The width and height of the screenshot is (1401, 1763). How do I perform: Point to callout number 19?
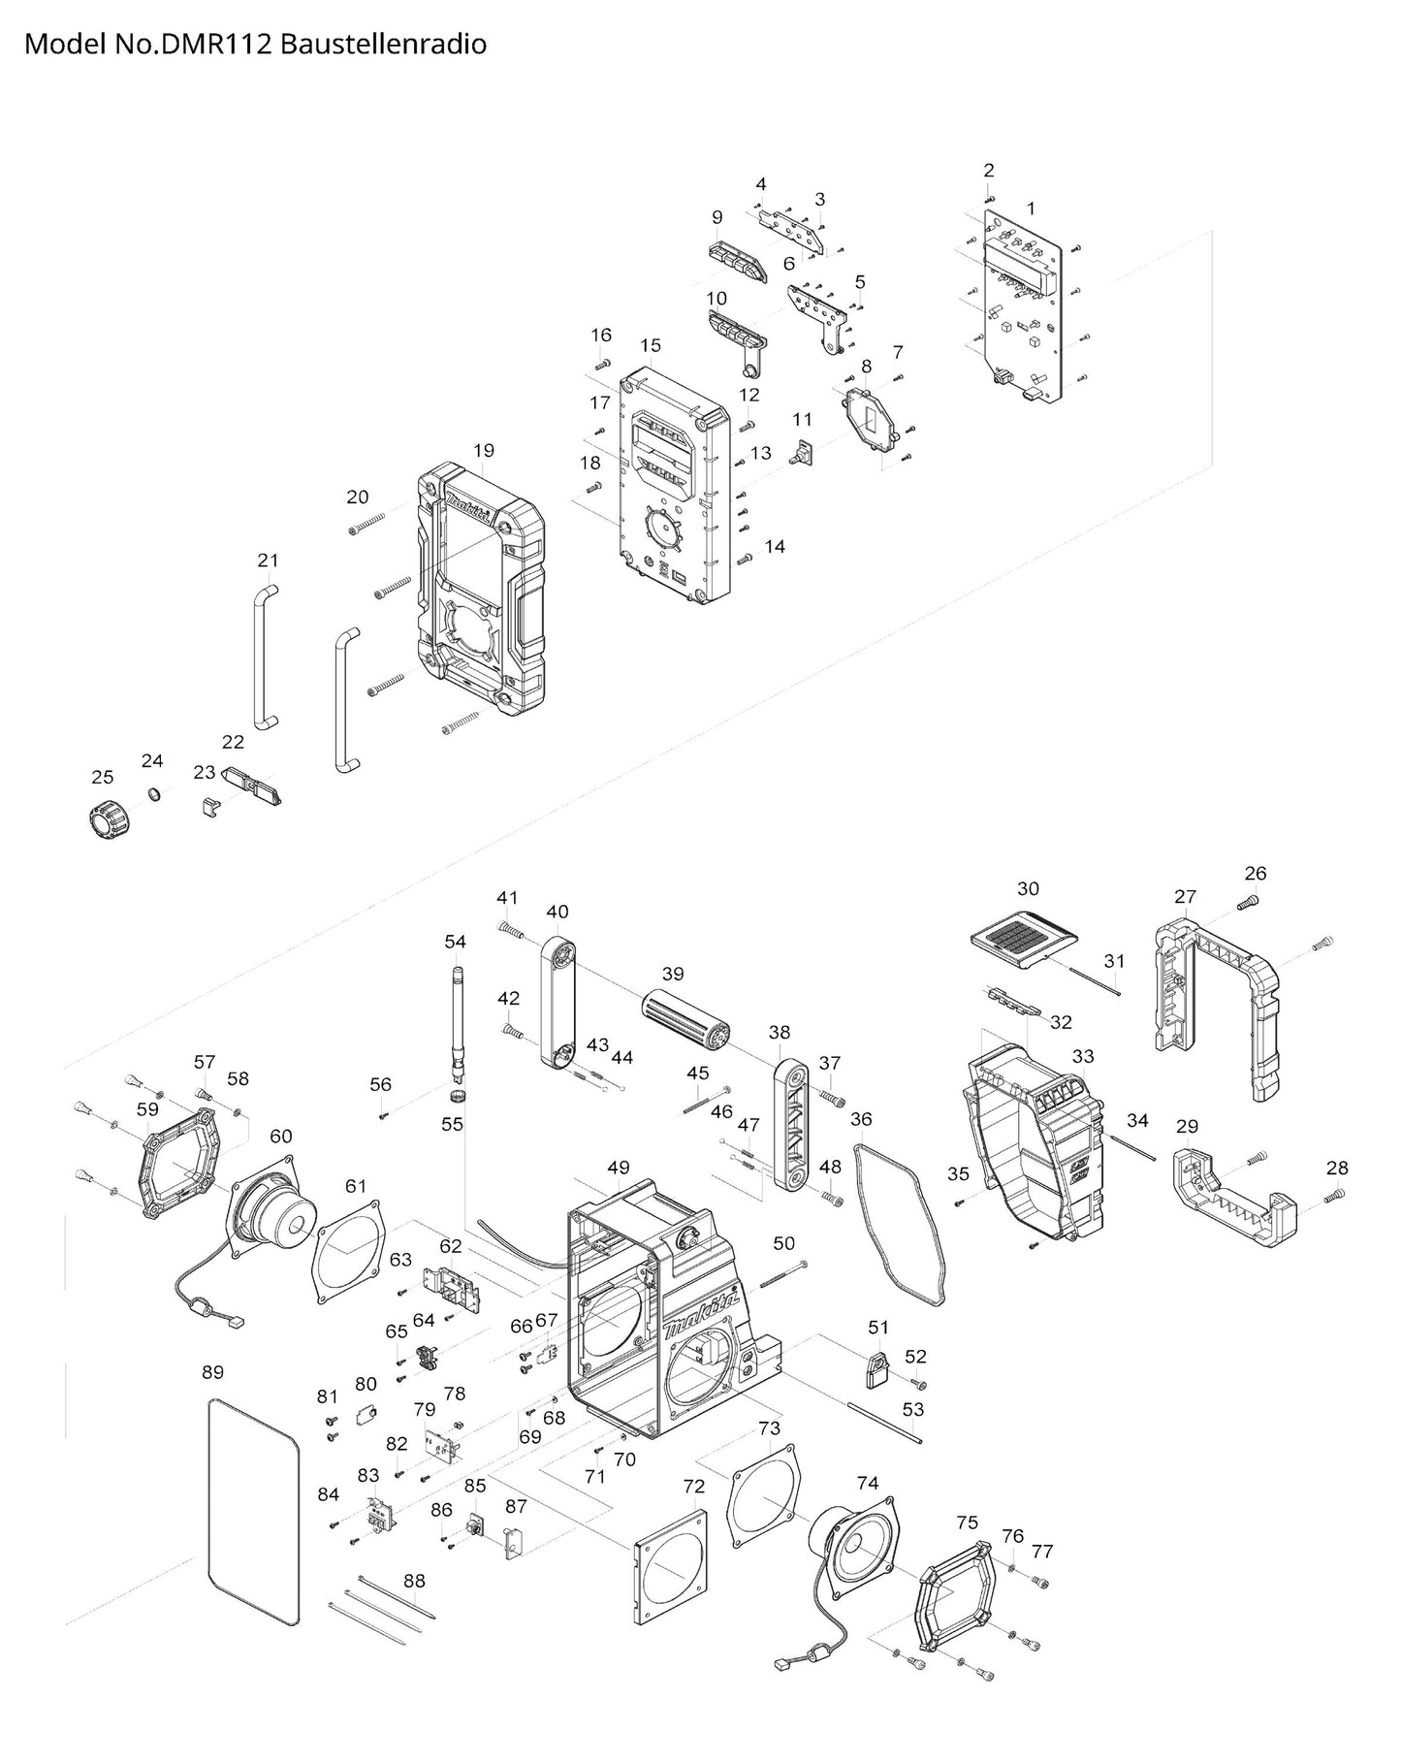pyautogui.click(x=484, y=450)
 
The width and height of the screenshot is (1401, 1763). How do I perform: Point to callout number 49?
pyautogui.click(x=619, y=1168)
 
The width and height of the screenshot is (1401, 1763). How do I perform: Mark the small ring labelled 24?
pyautogui.click(x=153, y=795)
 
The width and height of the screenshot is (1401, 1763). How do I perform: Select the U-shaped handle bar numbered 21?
pyautogui.click(x=262, y=657)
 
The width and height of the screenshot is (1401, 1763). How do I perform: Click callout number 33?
pyautogui.click(x=1082, y=1056)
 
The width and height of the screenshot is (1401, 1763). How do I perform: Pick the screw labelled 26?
pyautogui.click(x=1249, y=902)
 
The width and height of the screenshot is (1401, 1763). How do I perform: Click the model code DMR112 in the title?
pyautogui.click(x=218, y=45)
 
